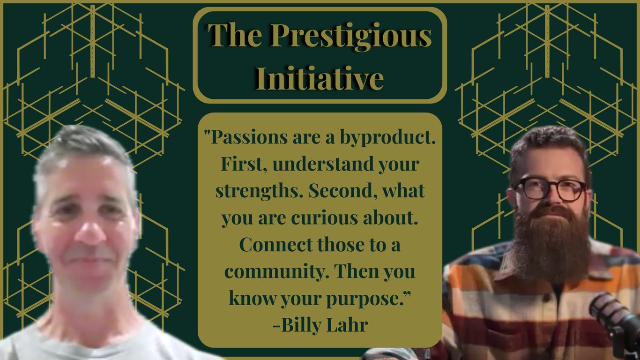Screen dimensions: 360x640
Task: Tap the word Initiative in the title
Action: point(320,78)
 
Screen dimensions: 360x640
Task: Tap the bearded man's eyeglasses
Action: point(550,188)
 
